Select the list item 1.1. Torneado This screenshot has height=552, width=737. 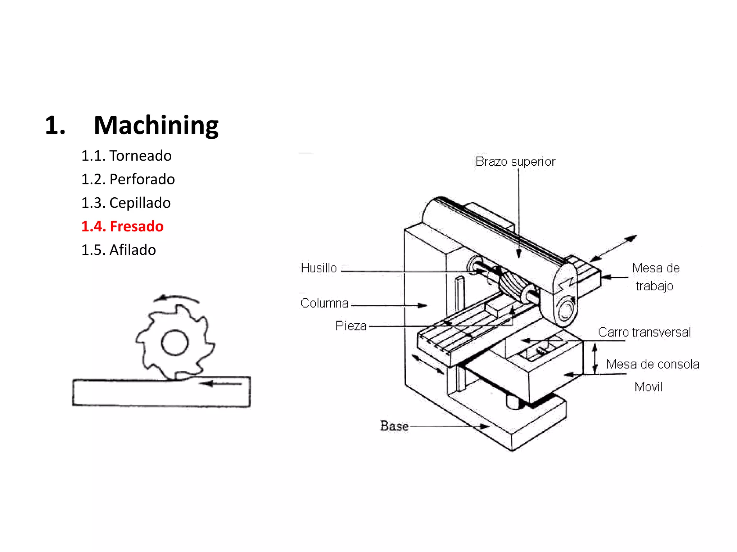[x=126, y=156]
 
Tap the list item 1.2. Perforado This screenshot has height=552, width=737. [x=128, y=179]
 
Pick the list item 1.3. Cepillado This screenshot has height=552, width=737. [x=126, y=203]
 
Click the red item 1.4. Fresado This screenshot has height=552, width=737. [x=122, y=226]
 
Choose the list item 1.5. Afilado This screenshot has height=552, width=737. [x=118, y=250]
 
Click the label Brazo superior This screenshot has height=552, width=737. [x=515, y=161]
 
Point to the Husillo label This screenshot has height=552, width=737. [x=318, y=268]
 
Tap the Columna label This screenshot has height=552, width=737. [x=324, y=303]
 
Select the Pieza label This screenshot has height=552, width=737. [x=351, y=326]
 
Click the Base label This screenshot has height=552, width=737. [x=394, y=426]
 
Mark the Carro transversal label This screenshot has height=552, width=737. [x=644, y=332]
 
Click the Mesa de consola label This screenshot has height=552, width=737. [x=652, y=364]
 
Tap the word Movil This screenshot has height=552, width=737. [x=648, y=387]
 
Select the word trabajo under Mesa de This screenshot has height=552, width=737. [x=654, y=286]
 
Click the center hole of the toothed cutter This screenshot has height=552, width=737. [x=175, y=342]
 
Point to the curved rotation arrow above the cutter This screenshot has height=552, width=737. [x=176, y=298]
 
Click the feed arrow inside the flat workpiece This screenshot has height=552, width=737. [x=220, y=384]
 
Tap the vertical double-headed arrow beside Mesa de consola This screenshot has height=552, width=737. [x=595, y=359]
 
